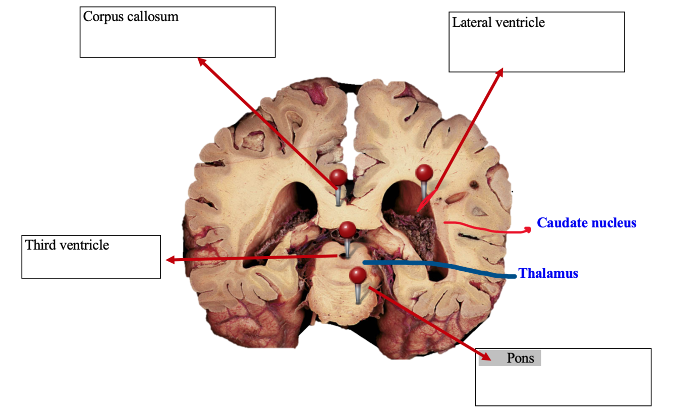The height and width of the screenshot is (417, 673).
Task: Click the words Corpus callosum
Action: (x=131, y=17)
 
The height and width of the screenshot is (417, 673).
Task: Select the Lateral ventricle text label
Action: (x=498, y=23)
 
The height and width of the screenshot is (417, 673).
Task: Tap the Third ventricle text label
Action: (x=67, y=246)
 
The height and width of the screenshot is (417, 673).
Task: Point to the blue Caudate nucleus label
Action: (x=586, y=223)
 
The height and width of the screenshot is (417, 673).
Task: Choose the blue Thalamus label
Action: (x=548, y=274)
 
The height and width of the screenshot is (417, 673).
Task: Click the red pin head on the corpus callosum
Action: (x=338, y=177)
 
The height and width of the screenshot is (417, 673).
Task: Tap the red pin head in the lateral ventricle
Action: (x=424, y=173)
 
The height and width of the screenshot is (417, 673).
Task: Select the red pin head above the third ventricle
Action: (x=347, y=230)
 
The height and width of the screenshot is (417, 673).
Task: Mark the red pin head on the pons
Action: (x=358, y=276)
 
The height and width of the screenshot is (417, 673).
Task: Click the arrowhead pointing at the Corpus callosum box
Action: (x=201, y=61)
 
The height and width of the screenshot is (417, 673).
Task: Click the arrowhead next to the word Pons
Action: (x=485, y=356)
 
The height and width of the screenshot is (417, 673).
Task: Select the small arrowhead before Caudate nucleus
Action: (x=528, y=229)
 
